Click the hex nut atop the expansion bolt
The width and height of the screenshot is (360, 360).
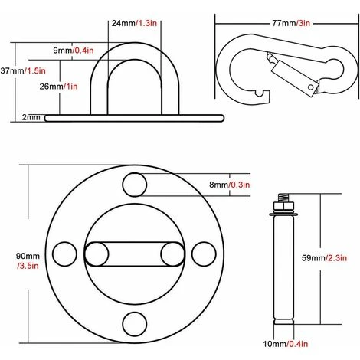(284, 207)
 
